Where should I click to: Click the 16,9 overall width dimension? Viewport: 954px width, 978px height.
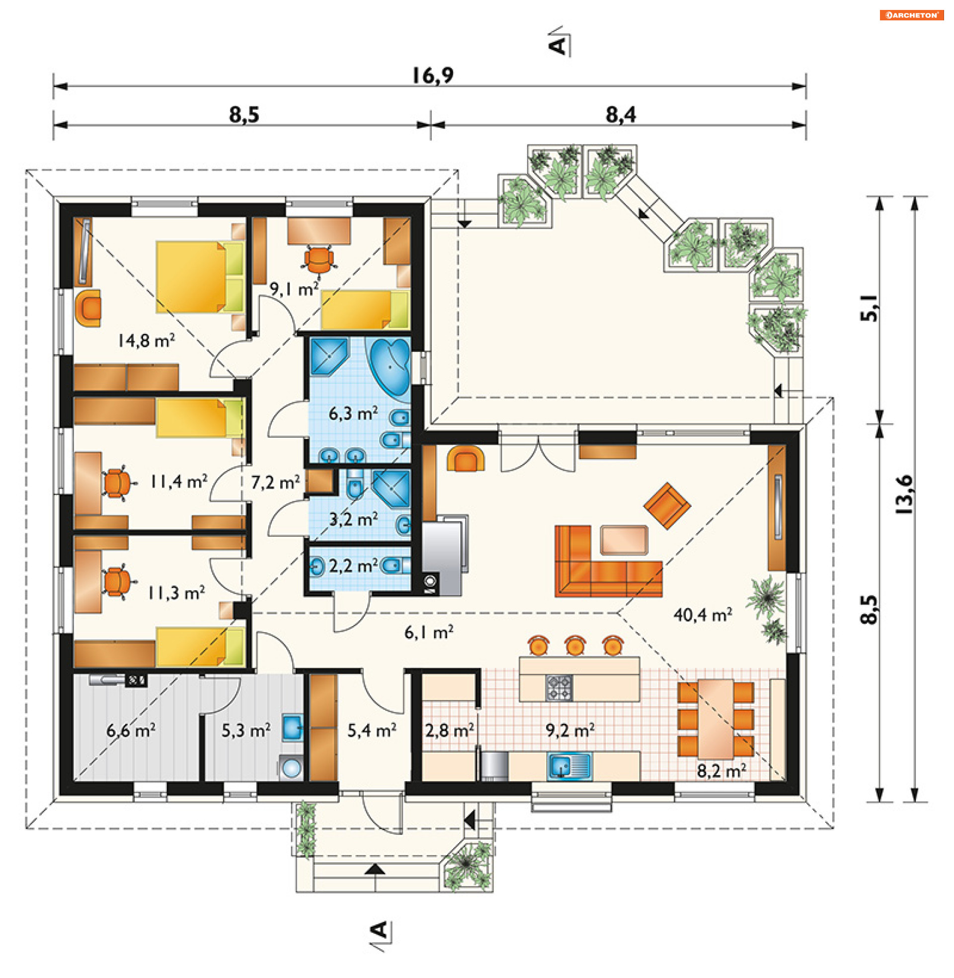[x=433, y=76]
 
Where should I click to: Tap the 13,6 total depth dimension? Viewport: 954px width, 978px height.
[x=904, y=494]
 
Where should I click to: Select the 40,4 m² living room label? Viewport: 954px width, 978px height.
[x=703, y=614]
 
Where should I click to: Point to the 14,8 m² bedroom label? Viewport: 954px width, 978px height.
[x=146, y=341]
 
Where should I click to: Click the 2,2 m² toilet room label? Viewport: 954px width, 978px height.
[x=353, y=566]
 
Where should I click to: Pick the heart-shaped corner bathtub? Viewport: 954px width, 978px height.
[x=390, y=367]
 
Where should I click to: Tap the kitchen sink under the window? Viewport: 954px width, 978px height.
[x=570, y=766]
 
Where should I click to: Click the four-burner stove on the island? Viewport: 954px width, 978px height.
[x=558, y=687]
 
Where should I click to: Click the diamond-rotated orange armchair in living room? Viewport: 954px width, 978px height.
[x=667, y=505]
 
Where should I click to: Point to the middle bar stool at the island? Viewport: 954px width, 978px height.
[x=575, y=646]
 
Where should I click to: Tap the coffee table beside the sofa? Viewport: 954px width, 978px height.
[x=624, y=540]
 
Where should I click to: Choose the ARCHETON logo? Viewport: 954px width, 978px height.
[x=911, y=15]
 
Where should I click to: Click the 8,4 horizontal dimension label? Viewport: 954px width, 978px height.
[x=620, y=115]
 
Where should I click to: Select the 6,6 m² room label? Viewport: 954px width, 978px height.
[x=131, y=730]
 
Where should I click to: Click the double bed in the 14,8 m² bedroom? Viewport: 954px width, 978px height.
[x=200, y=277]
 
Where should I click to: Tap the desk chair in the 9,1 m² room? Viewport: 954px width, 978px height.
[x=318, y=259]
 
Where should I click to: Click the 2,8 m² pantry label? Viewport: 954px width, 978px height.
[x=450, y=731]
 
